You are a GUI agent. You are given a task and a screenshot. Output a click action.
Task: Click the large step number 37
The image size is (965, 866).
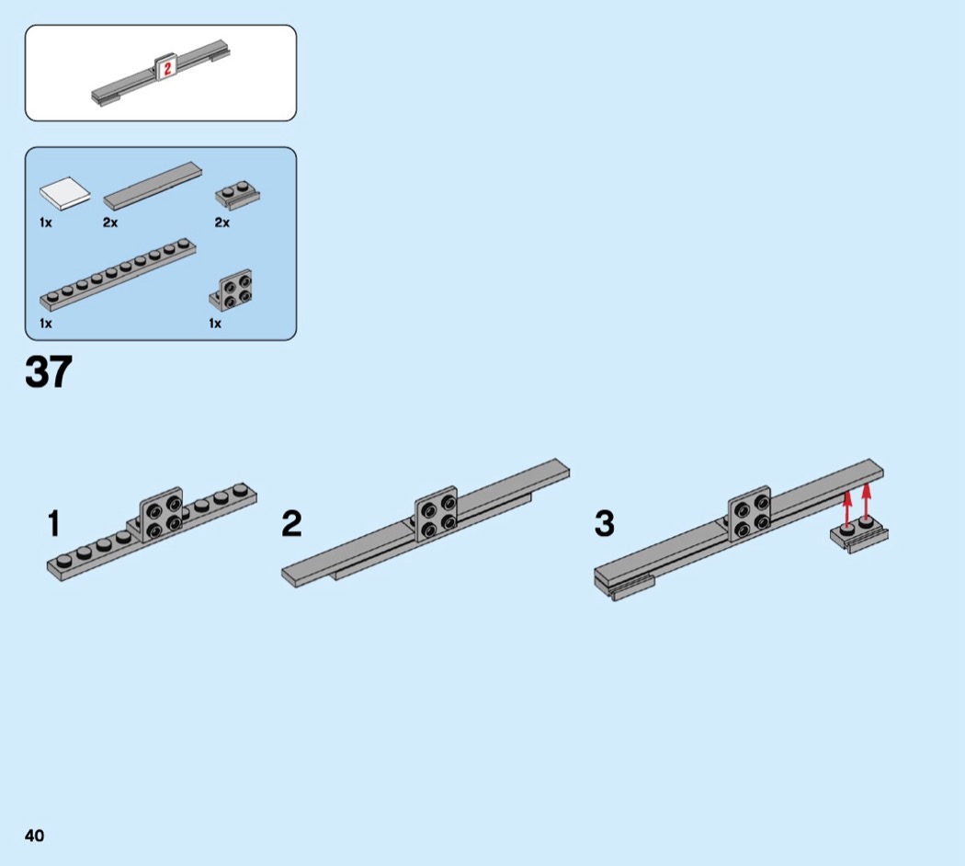48,372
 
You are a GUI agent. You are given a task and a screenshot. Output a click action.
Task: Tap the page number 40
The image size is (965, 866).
35,835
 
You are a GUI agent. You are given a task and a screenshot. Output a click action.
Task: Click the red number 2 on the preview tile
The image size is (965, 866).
167,68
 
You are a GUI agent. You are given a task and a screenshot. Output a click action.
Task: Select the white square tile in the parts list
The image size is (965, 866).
64,192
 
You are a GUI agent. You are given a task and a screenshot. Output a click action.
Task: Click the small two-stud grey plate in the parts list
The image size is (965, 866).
235,194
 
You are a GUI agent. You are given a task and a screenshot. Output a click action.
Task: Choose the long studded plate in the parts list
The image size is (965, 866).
118,274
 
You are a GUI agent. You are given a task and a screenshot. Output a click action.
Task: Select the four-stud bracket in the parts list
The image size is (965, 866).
233,290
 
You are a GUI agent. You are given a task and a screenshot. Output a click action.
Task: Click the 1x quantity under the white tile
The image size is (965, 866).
45,222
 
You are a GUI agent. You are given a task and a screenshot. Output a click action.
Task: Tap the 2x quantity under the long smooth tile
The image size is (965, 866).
110,222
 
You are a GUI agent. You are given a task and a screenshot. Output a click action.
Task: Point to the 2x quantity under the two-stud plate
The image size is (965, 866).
221,222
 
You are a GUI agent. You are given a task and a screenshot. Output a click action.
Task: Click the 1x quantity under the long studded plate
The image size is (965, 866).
45,324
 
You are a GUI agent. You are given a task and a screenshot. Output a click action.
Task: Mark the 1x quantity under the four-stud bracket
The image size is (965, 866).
215,324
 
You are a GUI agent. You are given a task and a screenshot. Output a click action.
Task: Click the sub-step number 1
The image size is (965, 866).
53,524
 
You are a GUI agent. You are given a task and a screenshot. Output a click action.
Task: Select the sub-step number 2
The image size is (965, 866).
291,524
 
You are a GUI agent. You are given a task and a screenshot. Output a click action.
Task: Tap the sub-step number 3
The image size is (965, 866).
604,524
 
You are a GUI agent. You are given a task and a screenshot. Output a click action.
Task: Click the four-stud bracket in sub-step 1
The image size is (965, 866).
161,511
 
